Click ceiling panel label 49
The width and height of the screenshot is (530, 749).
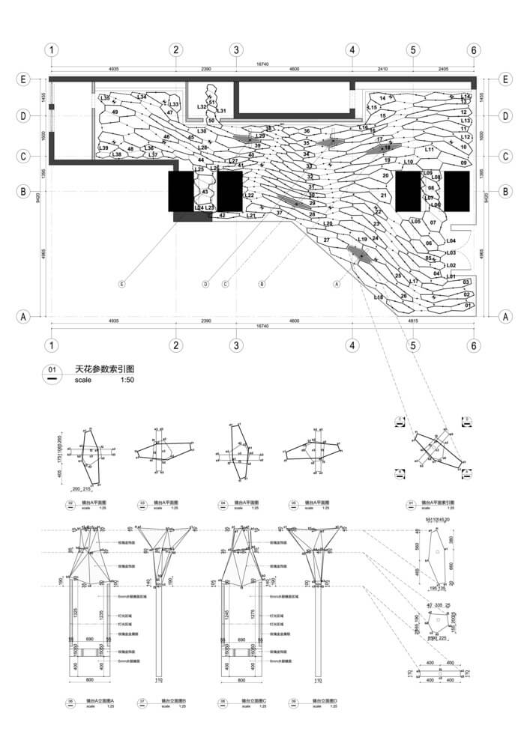point(115,112)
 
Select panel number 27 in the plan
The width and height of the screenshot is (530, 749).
point(326,240)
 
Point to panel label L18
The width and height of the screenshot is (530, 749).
point(378,298)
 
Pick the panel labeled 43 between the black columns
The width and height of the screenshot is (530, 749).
point(204,192)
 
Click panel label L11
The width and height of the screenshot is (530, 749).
point(430,150)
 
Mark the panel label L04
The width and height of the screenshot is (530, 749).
point(451,241)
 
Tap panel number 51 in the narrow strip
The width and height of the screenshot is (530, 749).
point(212,102)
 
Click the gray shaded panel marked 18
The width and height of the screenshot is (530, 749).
point(387,148)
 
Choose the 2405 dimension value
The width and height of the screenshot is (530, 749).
point(442,69)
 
